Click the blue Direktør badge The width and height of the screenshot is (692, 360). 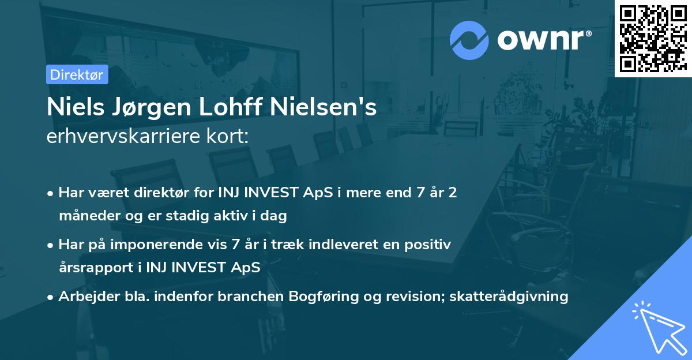(x=77, y=74)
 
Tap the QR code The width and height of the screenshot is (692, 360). (x=653, y=38)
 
